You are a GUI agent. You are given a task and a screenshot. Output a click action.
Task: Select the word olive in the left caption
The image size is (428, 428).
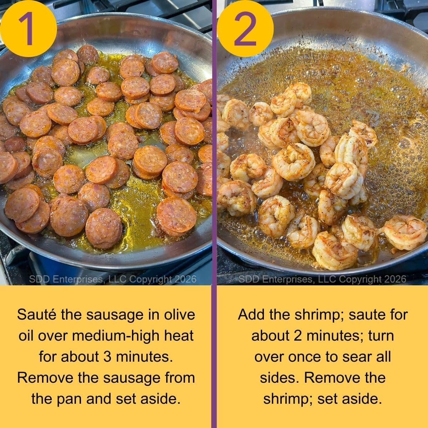178,315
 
